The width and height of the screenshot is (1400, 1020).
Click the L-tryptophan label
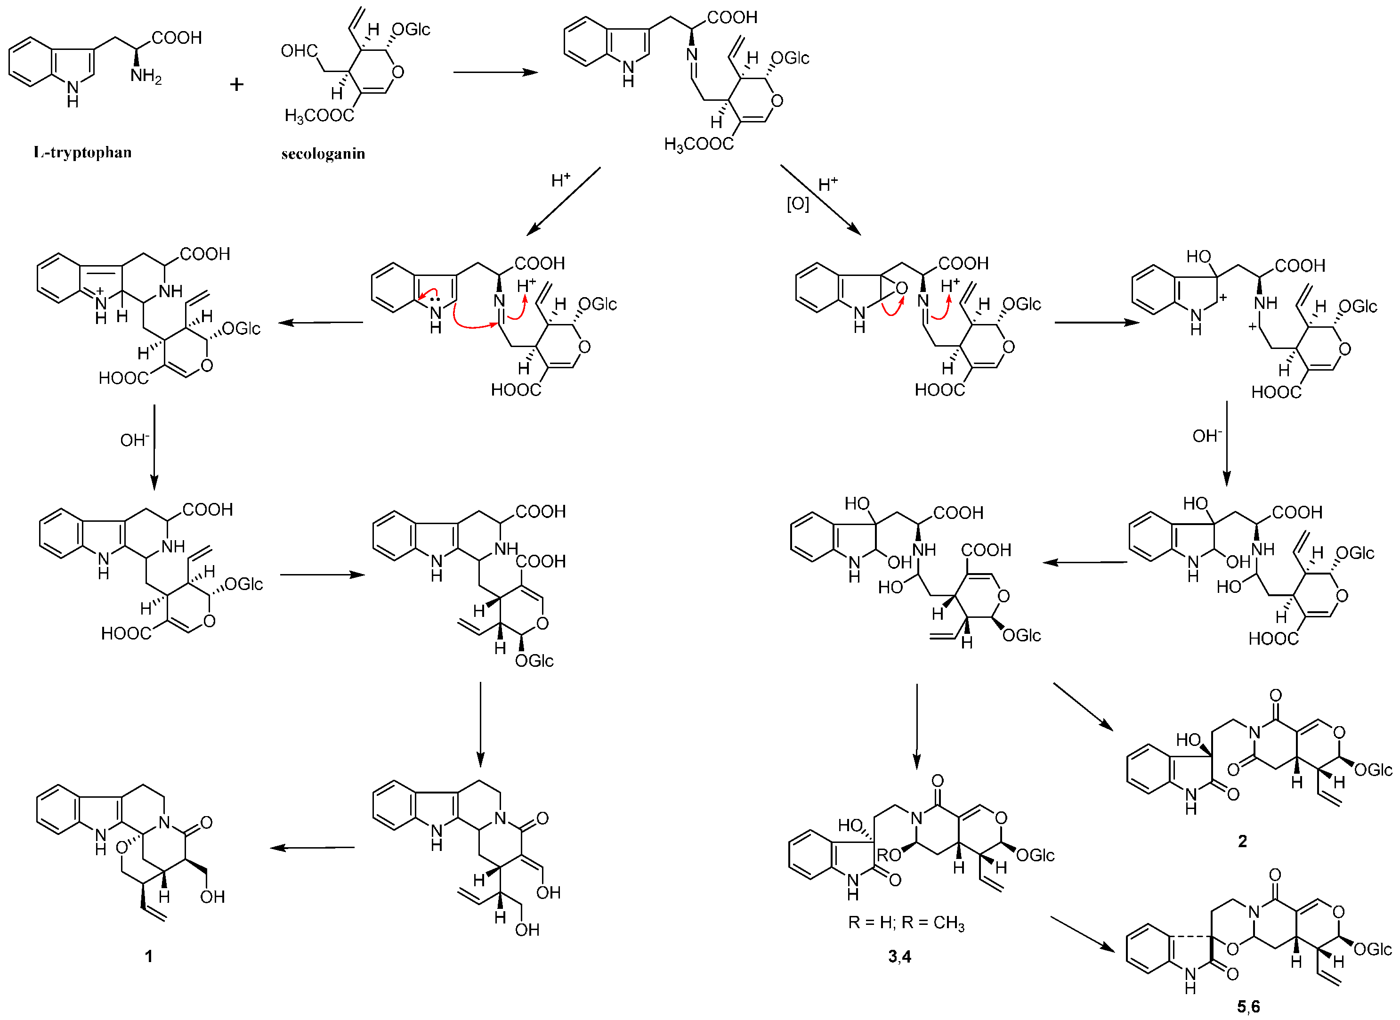(83, 153)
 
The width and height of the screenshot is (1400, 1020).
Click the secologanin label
(323, 153)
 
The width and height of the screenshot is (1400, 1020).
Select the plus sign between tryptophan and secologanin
(236, 85)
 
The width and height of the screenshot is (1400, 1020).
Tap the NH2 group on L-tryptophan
(146, 77)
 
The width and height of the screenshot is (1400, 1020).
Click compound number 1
(148, 956)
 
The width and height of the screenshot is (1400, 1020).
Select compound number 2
(1242, 841)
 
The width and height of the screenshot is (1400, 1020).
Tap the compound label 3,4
(899, 956)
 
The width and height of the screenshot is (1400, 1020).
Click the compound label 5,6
(1248, 1007)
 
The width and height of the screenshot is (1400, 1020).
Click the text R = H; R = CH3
(906, 923)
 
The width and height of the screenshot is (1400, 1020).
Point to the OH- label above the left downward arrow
(135, 440)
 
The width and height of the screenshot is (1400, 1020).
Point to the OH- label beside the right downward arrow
(1207, 436)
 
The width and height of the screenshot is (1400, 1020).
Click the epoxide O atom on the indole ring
(902, 288)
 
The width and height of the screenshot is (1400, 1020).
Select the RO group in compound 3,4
(889, 855)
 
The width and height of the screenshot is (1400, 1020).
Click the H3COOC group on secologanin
(319, 115)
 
